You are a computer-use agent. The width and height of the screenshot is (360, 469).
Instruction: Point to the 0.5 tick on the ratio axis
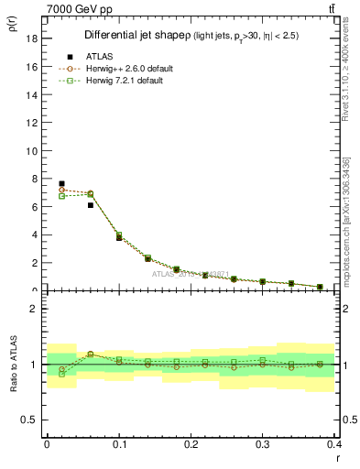tap(31, 420)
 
